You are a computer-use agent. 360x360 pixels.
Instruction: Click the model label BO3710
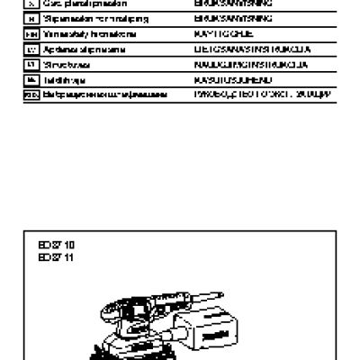click(x=52, y=244)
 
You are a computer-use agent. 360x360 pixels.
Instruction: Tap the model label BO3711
click(x=52, y=257)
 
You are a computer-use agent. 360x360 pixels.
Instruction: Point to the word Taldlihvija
click(x=62, y=80)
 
